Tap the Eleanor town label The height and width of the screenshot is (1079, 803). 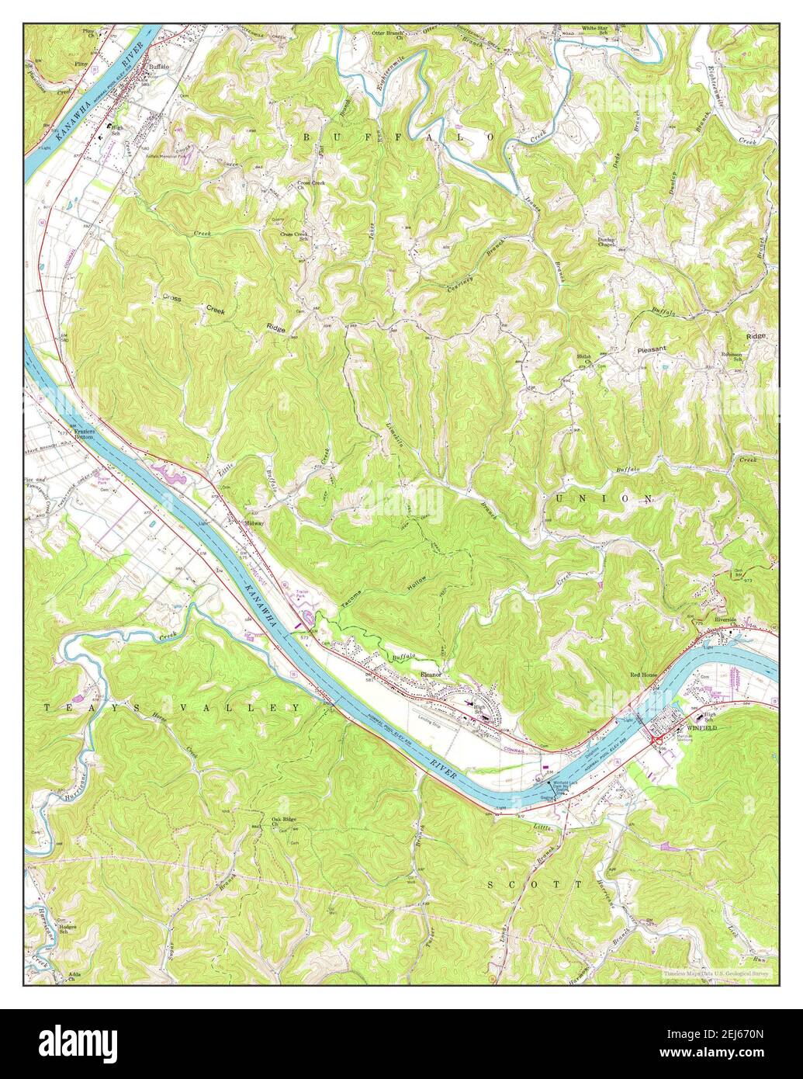[431, 674]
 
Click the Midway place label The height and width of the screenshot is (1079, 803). [254, 523]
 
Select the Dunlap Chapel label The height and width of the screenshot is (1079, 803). [607, 243]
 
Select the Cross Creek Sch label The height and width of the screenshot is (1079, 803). [296, 236]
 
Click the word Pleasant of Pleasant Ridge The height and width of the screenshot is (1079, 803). [652, 349]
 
